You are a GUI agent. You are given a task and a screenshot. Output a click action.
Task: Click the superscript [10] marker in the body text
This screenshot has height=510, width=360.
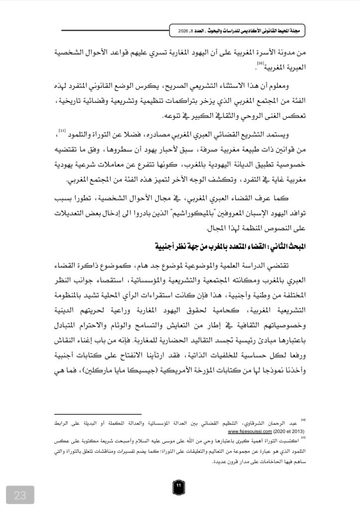[x=260, y=63]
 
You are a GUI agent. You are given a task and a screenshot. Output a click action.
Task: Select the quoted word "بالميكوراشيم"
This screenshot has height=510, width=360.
[x=200, y=214]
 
